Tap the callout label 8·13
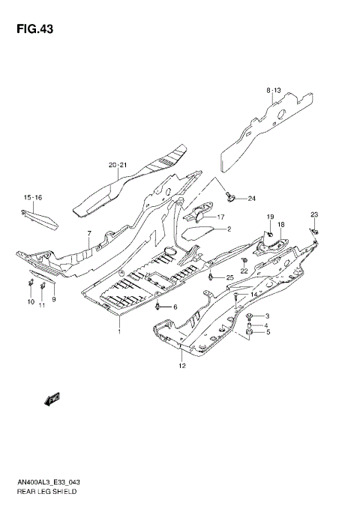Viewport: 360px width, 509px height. (272, 90)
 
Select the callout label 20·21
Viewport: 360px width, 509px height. (118, 165)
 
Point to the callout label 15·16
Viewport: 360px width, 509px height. (32, 198)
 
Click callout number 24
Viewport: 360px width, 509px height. (251, 199)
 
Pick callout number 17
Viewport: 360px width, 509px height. (221, 217)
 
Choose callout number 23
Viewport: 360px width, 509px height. (314, 215)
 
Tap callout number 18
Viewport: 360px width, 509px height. (280, 225)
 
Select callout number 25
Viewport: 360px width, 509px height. (230, 278)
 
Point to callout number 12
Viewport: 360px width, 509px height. (181, 365)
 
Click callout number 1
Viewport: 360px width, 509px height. (118, 330)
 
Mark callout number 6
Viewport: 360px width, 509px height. (175, 307)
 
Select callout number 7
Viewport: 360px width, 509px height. (88, 234)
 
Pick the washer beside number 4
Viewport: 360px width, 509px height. (249, 325)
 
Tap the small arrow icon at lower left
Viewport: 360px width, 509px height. (54, 400)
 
